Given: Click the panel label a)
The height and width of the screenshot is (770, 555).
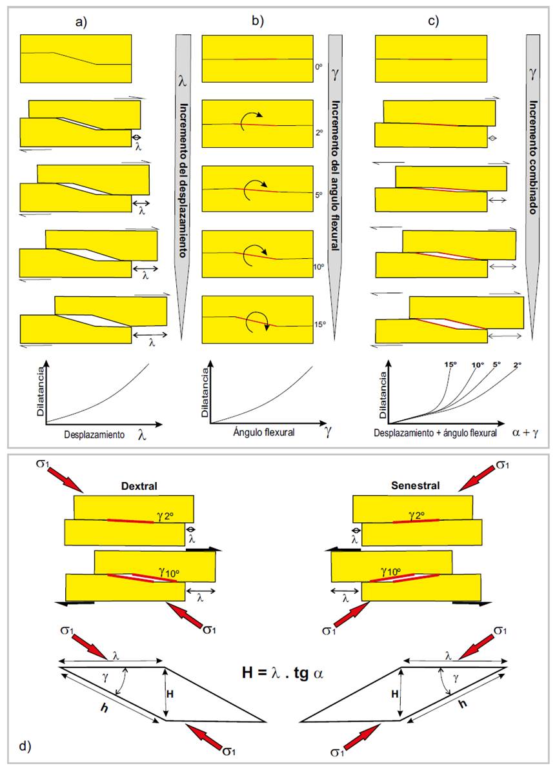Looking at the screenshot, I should tap(81, 21).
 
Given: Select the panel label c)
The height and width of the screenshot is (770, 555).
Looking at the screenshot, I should tap(434, 21).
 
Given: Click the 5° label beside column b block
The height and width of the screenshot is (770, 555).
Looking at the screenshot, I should tap(319, 194).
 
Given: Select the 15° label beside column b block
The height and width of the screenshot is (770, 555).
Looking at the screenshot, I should tap(320, 325).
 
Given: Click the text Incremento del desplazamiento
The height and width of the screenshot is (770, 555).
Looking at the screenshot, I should tap(183, 181).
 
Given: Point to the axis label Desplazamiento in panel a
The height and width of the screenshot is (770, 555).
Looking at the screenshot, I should tap(94, 435).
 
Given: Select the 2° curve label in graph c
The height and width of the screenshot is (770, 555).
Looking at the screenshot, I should tap(518, 365).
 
